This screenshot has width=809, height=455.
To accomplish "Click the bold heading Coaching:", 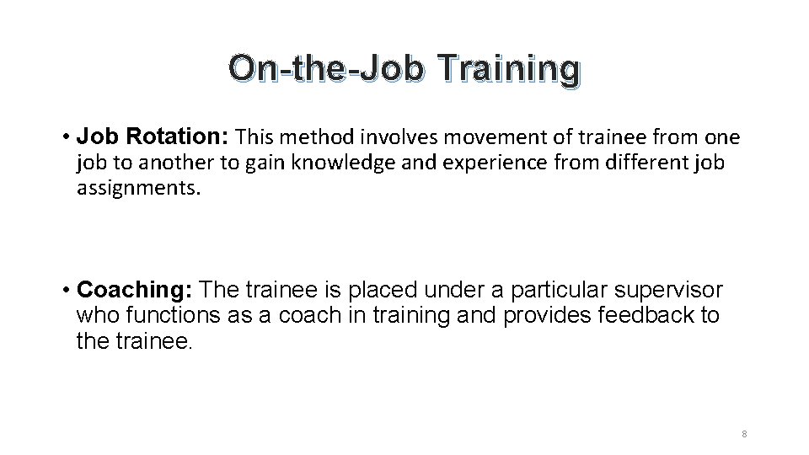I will (x=136, y=291).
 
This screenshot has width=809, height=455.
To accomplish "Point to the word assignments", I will (x=139, y=188).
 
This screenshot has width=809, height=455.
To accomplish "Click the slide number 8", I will (x=745, y=434).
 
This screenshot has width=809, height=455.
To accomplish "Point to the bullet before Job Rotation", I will (x=66, y=136).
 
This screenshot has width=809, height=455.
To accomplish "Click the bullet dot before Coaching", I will (x=66, y=292).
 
